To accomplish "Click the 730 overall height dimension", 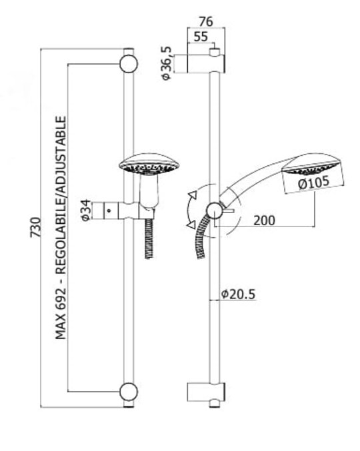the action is tap(36, 228).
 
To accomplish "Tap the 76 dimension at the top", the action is tap(206, 22).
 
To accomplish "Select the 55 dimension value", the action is tap(201, 37).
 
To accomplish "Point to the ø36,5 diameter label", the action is tap(167, 63).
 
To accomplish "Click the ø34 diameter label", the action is tap(86, 211).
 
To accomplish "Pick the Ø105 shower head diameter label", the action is tap(314, 183).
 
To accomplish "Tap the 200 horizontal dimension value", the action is tap(264, 221).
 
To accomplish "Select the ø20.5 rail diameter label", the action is tap(238, 294).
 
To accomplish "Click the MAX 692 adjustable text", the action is tap(61, 228).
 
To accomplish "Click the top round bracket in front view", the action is tap(129, 63).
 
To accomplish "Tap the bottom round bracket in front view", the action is tap(129, 392).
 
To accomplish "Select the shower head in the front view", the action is tap(149, 165).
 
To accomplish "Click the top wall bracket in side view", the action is tap(206, 63).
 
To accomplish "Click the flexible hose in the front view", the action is tap(149, 238).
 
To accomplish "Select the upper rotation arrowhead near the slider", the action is tap(193, 195).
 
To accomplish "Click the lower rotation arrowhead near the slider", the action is tap(191, 225).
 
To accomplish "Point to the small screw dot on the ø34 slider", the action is tap(109, 211).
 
